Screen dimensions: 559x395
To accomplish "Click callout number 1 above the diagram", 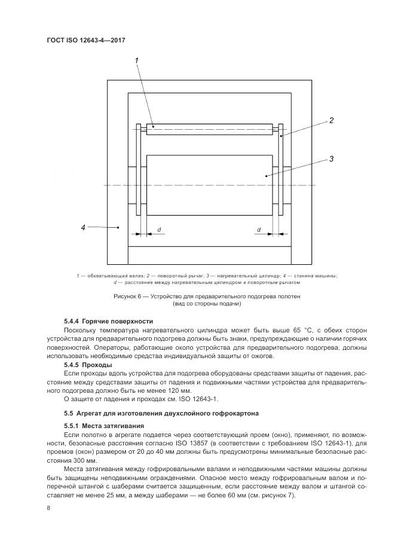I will click(137, 60).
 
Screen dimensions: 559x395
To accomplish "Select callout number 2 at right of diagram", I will click(331, 121).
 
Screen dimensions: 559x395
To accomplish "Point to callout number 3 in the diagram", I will click(331, 159).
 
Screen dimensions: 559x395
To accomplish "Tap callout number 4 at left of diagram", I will click(84, 227).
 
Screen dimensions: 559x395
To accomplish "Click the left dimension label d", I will click(159, 230).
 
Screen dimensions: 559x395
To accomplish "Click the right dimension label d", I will click(259, 230).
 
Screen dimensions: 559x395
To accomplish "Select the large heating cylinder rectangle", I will click(209, 185).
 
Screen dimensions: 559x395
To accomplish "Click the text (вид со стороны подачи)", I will click(207, 304).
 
